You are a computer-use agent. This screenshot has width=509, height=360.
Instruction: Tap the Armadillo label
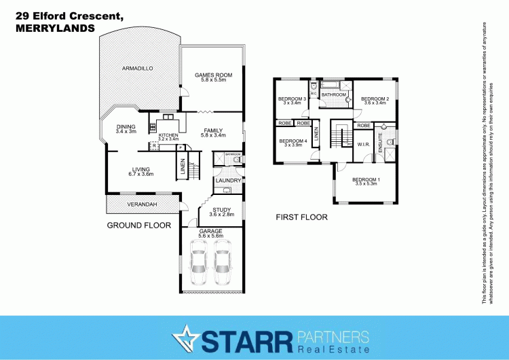tap(138, 69)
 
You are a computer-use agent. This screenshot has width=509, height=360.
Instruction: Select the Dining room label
tap(126, 126)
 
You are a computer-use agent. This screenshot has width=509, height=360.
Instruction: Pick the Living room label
tap(141, 170)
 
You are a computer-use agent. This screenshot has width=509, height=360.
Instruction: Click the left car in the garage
tap(198, 263)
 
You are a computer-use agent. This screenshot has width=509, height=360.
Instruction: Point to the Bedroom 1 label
tap(365, 181)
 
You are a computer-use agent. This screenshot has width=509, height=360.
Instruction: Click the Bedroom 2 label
tap(375, 100)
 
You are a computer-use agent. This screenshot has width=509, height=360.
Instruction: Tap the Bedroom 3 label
tap(293, 100)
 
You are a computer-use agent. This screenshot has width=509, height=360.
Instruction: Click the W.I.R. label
tap(363, 145)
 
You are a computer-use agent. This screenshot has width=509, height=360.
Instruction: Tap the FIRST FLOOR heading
tap(301, 218)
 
